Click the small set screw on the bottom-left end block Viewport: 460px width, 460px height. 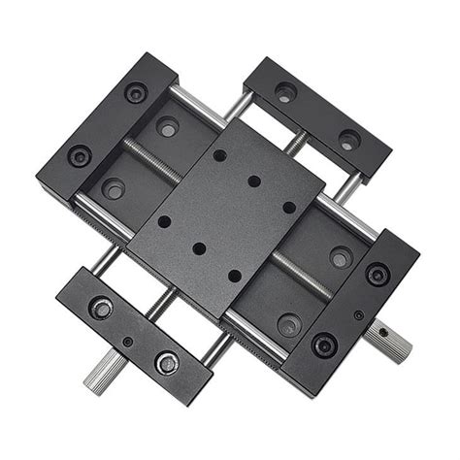coord(127,341)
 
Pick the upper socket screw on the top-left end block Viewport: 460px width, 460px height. coord(135,93)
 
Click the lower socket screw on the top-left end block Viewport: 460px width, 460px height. coord(79,155)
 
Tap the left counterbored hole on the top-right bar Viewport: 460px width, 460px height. coord(284,93)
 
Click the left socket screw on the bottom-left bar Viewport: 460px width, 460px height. coord(100,309)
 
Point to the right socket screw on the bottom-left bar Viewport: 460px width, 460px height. coord(166,362)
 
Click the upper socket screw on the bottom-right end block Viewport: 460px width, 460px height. coord(377,275)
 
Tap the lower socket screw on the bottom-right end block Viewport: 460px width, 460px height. coord(323,345)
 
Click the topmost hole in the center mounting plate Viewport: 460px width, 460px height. coord(220,155)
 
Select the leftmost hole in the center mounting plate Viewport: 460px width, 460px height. coord(164,221)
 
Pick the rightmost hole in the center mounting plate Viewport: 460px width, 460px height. coord(288,207)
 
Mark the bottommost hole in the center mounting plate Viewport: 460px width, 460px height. coord(234,276)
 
